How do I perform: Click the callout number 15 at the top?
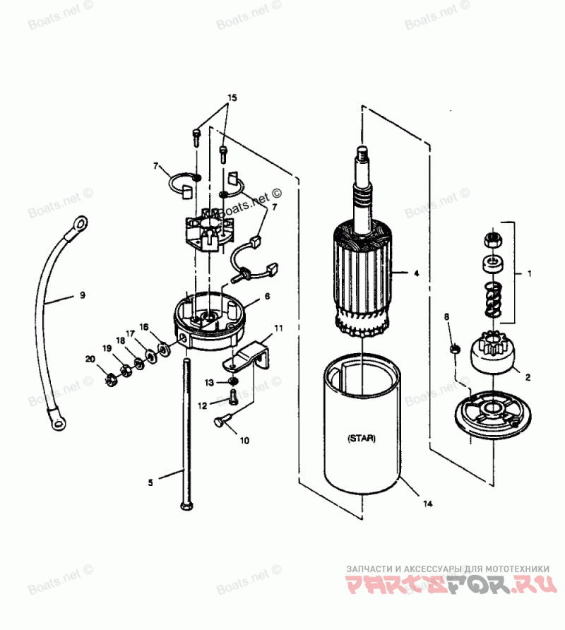click(x=232, y=97)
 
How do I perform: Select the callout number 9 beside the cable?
click(x=81, y=295)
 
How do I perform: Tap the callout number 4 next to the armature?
click(x=416, y=273)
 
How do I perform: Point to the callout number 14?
click(x=428, y=504)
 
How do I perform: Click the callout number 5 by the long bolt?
click(x=150, y=483)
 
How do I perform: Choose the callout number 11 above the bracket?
click(x=278, y=328)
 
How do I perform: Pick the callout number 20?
click(x=90, y=359)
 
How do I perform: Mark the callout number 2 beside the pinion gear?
click(x=527, y=376)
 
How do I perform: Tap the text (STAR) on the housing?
click(x=362, y=438)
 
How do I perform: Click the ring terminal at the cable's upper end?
click(x=79, y=225)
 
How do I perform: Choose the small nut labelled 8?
click(x=455, y=347)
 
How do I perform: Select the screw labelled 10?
click(x=220, y=422)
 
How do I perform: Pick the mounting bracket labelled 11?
click(x=251, y=354)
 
